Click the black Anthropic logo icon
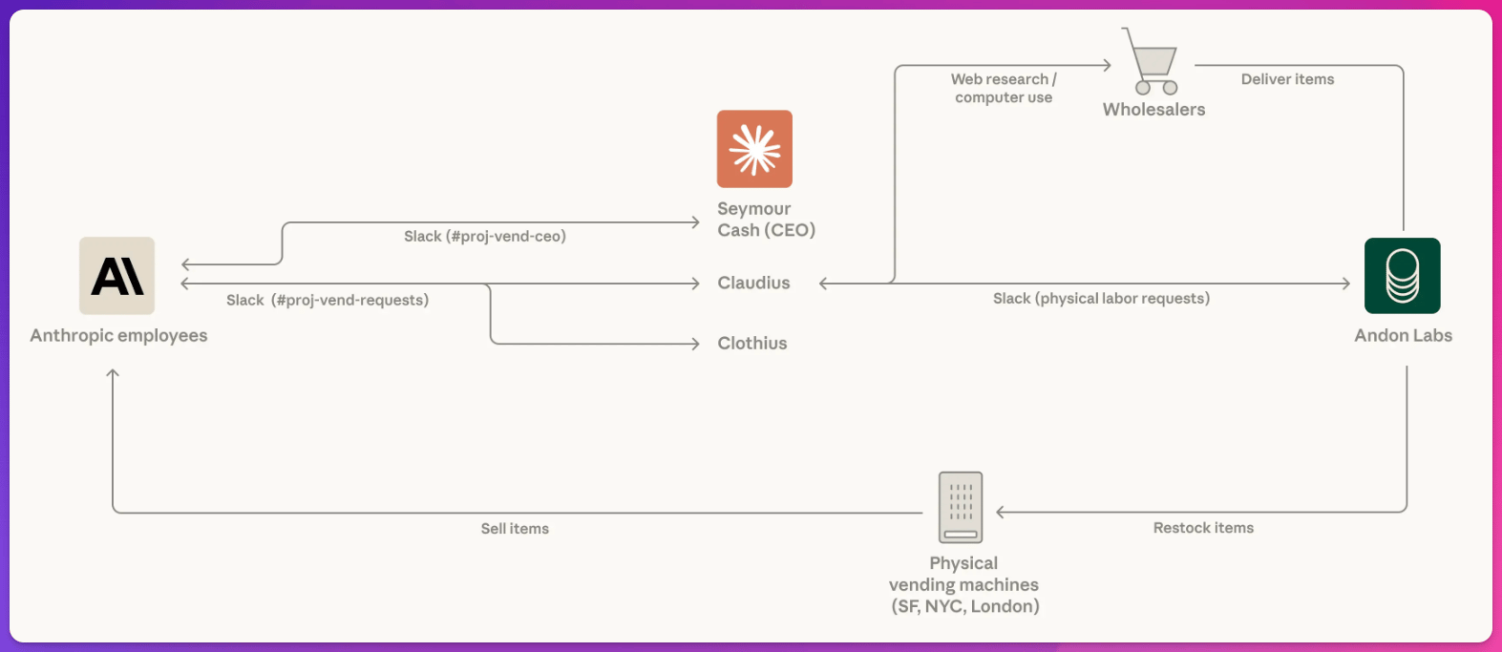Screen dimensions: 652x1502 tap(116, 276)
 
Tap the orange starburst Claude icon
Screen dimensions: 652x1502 tap(754, 149)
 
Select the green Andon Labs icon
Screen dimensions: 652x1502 tap(1402, 276)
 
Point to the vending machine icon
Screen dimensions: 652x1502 tap(961, 507)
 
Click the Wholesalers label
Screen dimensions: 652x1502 tap(1153, 110)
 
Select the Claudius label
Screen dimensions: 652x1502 tap(753, 283)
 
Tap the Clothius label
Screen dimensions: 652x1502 tap(752, 344)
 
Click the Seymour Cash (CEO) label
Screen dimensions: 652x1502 tap(766, 220)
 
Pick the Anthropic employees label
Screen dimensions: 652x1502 tap(118, 335)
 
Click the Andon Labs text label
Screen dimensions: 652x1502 tap(1403, 335)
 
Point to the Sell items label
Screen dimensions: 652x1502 tap(515, 529)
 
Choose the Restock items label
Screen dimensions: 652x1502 tap(1203, 528)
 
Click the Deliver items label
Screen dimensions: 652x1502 tap(1287, 79)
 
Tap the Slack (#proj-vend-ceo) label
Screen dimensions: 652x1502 tap(485, 236)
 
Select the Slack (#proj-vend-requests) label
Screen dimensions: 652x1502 tap(328, 300)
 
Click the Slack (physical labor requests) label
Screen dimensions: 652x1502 tap(1101, 299)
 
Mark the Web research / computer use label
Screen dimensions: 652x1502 tap(1004, 88)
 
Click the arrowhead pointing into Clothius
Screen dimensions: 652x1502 tap(696, 344)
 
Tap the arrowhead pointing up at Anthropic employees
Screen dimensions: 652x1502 tap(113, 373)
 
